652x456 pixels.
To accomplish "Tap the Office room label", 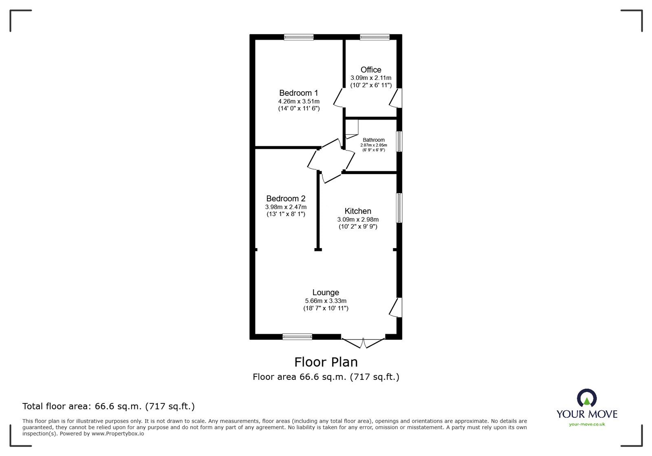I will [x=371, y=70].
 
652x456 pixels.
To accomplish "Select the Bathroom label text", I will [x=374, y=140].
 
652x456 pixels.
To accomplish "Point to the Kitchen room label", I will [x=358, y=211].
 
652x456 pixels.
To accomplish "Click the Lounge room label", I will [x=326, y=292].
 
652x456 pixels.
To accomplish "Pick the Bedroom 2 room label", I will [x=286, y=198].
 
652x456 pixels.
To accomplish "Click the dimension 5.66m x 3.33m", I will [x=326, y=301].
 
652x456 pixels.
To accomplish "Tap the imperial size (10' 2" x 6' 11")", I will [x=371, y=86].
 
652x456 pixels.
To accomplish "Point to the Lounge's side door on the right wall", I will [x=395, y=307].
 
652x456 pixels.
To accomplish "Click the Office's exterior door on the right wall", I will [x=395, y=98].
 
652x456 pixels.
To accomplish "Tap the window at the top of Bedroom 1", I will [x=299, y=37].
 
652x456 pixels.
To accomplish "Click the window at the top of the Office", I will [x=374, y=37].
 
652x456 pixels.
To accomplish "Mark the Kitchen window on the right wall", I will [x=399, y=207].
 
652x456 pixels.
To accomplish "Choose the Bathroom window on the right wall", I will [x=399, y=141].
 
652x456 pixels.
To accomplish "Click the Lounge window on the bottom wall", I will [x=297, y=337].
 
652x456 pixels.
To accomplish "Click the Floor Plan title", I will [x=326, y=362].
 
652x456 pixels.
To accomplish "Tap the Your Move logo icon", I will [x=587, y=397].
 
